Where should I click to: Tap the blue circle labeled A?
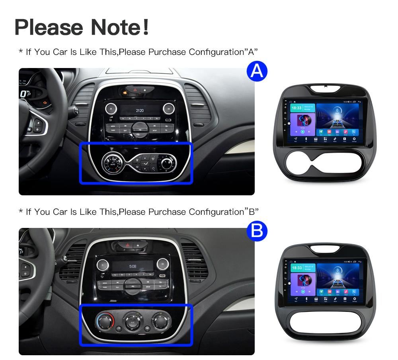257,71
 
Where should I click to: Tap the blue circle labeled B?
257,232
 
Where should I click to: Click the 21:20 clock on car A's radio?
139,110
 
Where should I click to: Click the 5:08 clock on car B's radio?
133,266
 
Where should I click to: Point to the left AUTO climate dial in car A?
111,163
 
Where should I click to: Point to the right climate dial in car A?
167,162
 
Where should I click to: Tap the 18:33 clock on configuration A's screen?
296,108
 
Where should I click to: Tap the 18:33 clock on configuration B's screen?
297,268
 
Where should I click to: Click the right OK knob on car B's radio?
162,263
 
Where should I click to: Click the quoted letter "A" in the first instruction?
251,52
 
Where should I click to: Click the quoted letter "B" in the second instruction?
251,212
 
